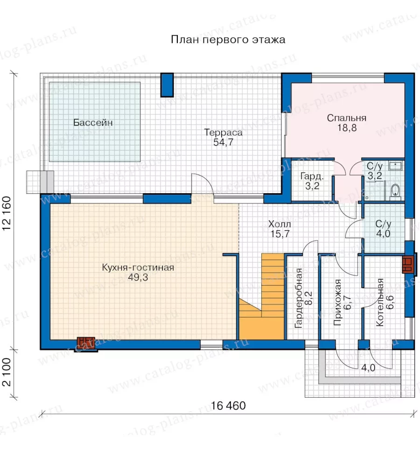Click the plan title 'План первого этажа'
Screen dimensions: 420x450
(x=228, y=40)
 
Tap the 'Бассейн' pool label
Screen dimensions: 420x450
(x=93, y=123)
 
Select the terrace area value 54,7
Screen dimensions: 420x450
(x=223, y=142)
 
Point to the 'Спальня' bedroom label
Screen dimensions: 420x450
(x=347, y=118)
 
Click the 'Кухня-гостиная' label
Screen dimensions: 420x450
(x=138, y=267)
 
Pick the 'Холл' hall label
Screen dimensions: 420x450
(x=280, y=224)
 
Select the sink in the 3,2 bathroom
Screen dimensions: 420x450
(x=396, y=166)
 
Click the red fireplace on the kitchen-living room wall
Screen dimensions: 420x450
(x=86, y=344)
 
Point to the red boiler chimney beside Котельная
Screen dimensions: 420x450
(x=408, y=263)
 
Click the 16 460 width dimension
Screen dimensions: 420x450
(x=228, y=406)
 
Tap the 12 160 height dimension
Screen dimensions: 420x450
(x=7, y=213)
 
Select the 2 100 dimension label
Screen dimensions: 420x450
(x=7, y=372)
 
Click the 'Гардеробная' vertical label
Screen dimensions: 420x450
(x=299, y=298)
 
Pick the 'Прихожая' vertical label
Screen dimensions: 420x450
(x=338, y=302)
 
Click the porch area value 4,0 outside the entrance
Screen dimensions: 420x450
(x=368, y=368)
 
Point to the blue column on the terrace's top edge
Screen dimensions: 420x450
(x=167, y=85)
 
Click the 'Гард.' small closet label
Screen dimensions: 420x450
(x=312, y=176)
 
